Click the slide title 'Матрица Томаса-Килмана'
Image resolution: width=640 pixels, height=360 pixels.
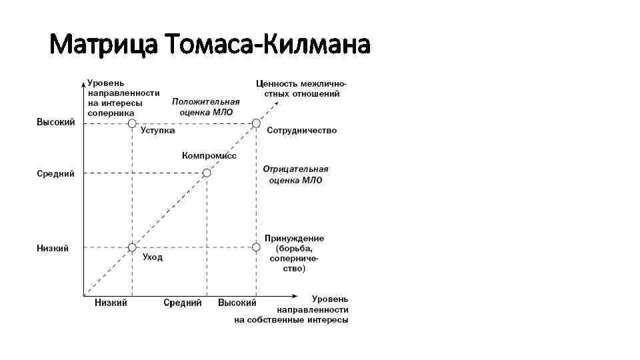tap(209, 45)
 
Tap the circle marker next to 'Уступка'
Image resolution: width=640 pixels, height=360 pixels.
tap(132, 123)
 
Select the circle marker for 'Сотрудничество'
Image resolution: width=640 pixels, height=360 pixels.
tap(256, 123)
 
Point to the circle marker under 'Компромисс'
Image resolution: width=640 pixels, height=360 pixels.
tap(207, 173)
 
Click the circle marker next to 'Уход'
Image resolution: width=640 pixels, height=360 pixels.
tap(132, 247)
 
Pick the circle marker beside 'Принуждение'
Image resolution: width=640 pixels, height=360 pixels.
tap(256, 247)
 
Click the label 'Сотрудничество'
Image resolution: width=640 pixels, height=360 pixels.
tap(301, 131)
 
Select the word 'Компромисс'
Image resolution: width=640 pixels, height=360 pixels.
tap(209, 155)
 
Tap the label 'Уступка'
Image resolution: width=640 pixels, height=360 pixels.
tap(157, 131)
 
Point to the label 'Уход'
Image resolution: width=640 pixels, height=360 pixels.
tap(152, 257)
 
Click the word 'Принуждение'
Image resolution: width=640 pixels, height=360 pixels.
tap(294, 238)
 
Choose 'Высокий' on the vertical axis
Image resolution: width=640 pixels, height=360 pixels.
tap(55, 123)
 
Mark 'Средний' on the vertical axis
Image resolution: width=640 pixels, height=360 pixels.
tap(55, 174)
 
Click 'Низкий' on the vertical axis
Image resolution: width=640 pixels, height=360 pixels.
tap(53, 249)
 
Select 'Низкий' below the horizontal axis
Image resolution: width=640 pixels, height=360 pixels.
tap(111, 303)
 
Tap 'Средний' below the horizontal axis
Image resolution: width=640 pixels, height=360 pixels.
tap(183, 303)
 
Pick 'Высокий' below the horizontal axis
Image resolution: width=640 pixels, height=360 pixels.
tap(237, 303)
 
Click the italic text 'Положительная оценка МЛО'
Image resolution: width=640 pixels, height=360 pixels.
tap(206, 107)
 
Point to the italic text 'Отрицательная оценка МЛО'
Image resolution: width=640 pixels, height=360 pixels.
tap(295, 175)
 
